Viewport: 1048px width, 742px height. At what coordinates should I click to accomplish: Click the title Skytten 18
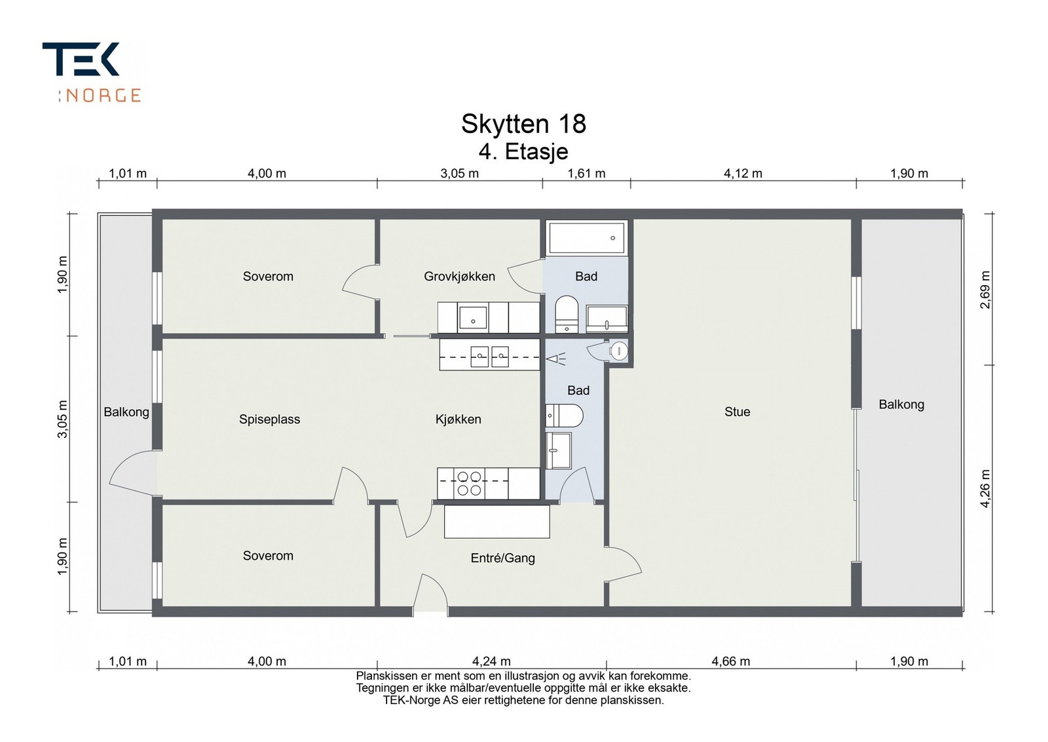(x=523, y=124)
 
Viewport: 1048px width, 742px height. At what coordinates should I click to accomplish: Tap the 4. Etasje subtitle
(x=523, y=151)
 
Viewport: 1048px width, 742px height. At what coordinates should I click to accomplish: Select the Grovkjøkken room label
(x=459, y=277)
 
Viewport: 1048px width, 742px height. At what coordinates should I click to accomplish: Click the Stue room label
(x=737, y=412)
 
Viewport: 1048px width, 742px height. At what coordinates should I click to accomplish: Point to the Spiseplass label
(x=269, y=420)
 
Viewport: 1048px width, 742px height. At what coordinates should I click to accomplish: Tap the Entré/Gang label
(x=502, y=558)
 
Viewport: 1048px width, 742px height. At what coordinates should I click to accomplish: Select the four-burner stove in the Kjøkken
(x=469, y=483)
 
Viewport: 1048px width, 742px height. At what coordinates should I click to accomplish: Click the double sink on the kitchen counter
(x=489, y=356)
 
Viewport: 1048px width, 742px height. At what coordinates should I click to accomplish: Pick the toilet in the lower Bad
(x=565, y=416)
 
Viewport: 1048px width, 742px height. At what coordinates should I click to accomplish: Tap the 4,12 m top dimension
(x=743, y=174)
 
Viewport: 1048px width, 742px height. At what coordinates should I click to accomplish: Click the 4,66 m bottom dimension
(x=730, y=661)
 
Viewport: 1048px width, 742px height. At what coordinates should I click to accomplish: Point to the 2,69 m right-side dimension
(x=986, y=290)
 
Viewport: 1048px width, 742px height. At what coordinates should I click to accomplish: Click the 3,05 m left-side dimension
(x=63, y=419)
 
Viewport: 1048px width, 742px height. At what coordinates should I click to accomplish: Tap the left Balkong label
(x=126, y=412)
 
